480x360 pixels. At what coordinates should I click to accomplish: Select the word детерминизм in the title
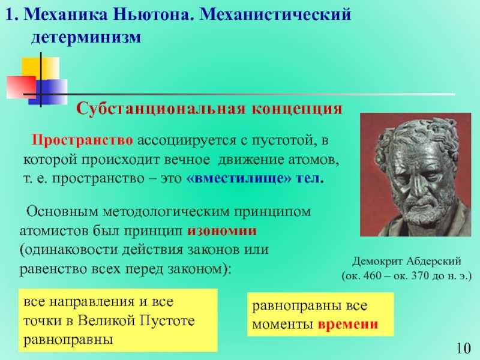(86, 38)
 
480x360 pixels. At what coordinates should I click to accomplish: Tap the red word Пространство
(82, 140)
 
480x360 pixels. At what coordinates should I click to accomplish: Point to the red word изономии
(222, 230)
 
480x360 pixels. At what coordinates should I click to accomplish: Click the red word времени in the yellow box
(348, 324)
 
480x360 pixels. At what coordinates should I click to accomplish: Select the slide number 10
(463, 349)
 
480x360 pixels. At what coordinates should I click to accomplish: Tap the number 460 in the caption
(372, 276)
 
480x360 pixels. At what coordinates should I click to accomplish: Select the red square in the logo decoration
(22, 87)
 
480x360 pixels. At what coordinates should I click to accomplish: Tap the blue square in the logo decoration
(48, 92)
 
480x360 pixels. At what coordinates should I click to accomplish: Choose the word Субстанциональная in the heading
(161, 109)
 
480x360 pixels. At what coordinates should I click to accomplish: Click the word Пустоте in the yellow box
(167, 321)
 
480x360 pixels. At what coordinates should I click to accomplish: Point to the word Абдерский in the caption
(434, 262)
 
